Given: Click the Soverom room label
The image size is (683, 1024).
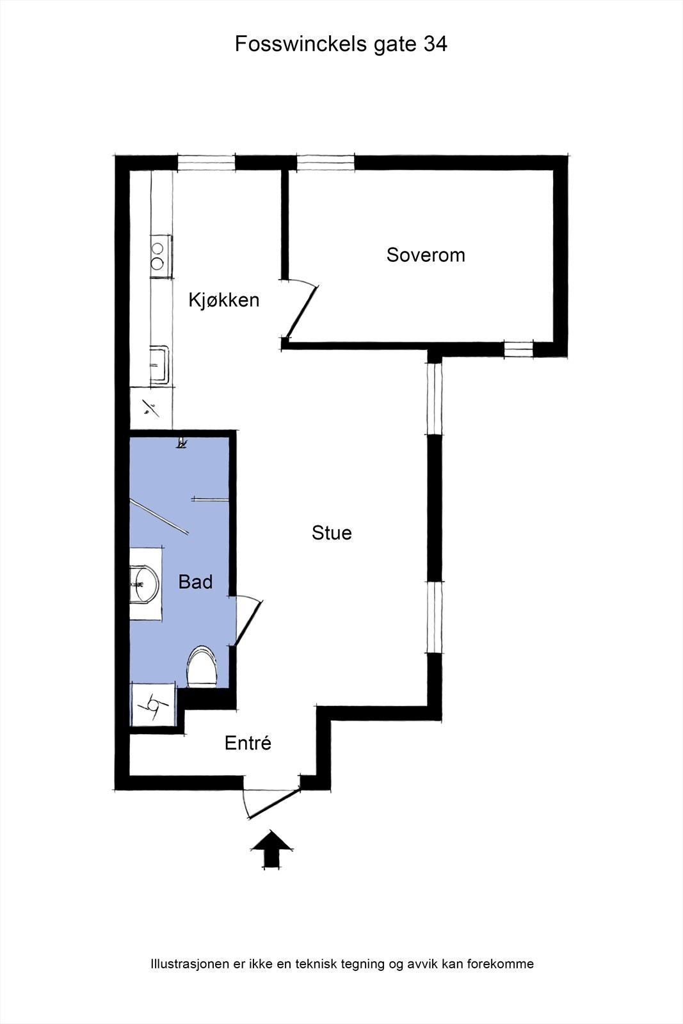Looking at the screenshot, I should (x=426, y=255).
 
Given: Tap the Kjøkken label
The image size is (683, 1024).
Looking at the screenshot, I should (x=224, y=300).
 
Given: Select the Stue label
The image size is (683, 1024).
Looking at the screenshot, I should (x=332, y=533).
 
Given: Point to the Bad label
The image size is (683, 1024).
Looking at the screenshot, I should (x=195, y=582).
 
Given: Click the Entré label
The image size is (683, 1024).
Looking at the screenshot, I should (x=248, y=743).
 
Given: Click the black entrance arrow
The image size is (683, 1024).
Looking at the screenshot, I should (x=271, y=849).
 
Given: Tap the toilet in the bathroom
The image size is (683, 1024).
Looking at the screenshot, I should (x=203, y=667).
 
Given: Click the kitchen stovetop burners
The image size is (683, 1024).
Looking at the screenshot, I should (x=158, y=255).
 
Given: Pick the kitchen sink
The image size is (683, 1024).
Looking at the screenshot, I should (x=159, y=365).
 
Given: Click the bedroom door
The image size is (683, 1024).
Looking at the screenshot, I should (x=301, y=312).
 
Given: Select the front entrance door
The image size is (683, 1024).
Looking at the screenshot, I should (x=272, y=804).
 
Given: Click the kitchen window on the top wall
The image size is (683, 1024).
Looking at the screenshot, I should (x=206, y=163).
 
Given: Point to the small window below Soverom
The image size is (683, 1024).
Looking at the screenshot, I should (x=518, y=349).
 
